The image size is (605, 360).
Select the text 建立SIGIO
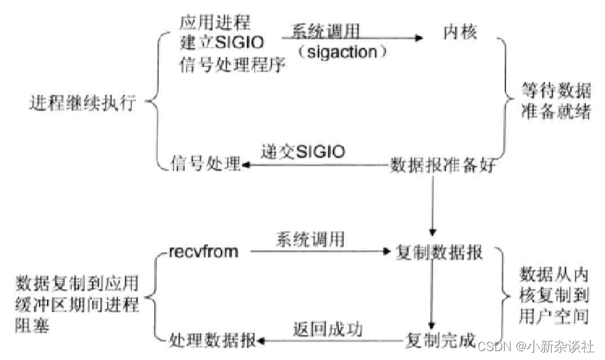tap(218, 44)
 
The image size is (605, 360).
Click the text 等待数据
tap(546, 91)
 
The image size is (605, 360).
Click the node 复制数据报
tap(440, 253)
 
